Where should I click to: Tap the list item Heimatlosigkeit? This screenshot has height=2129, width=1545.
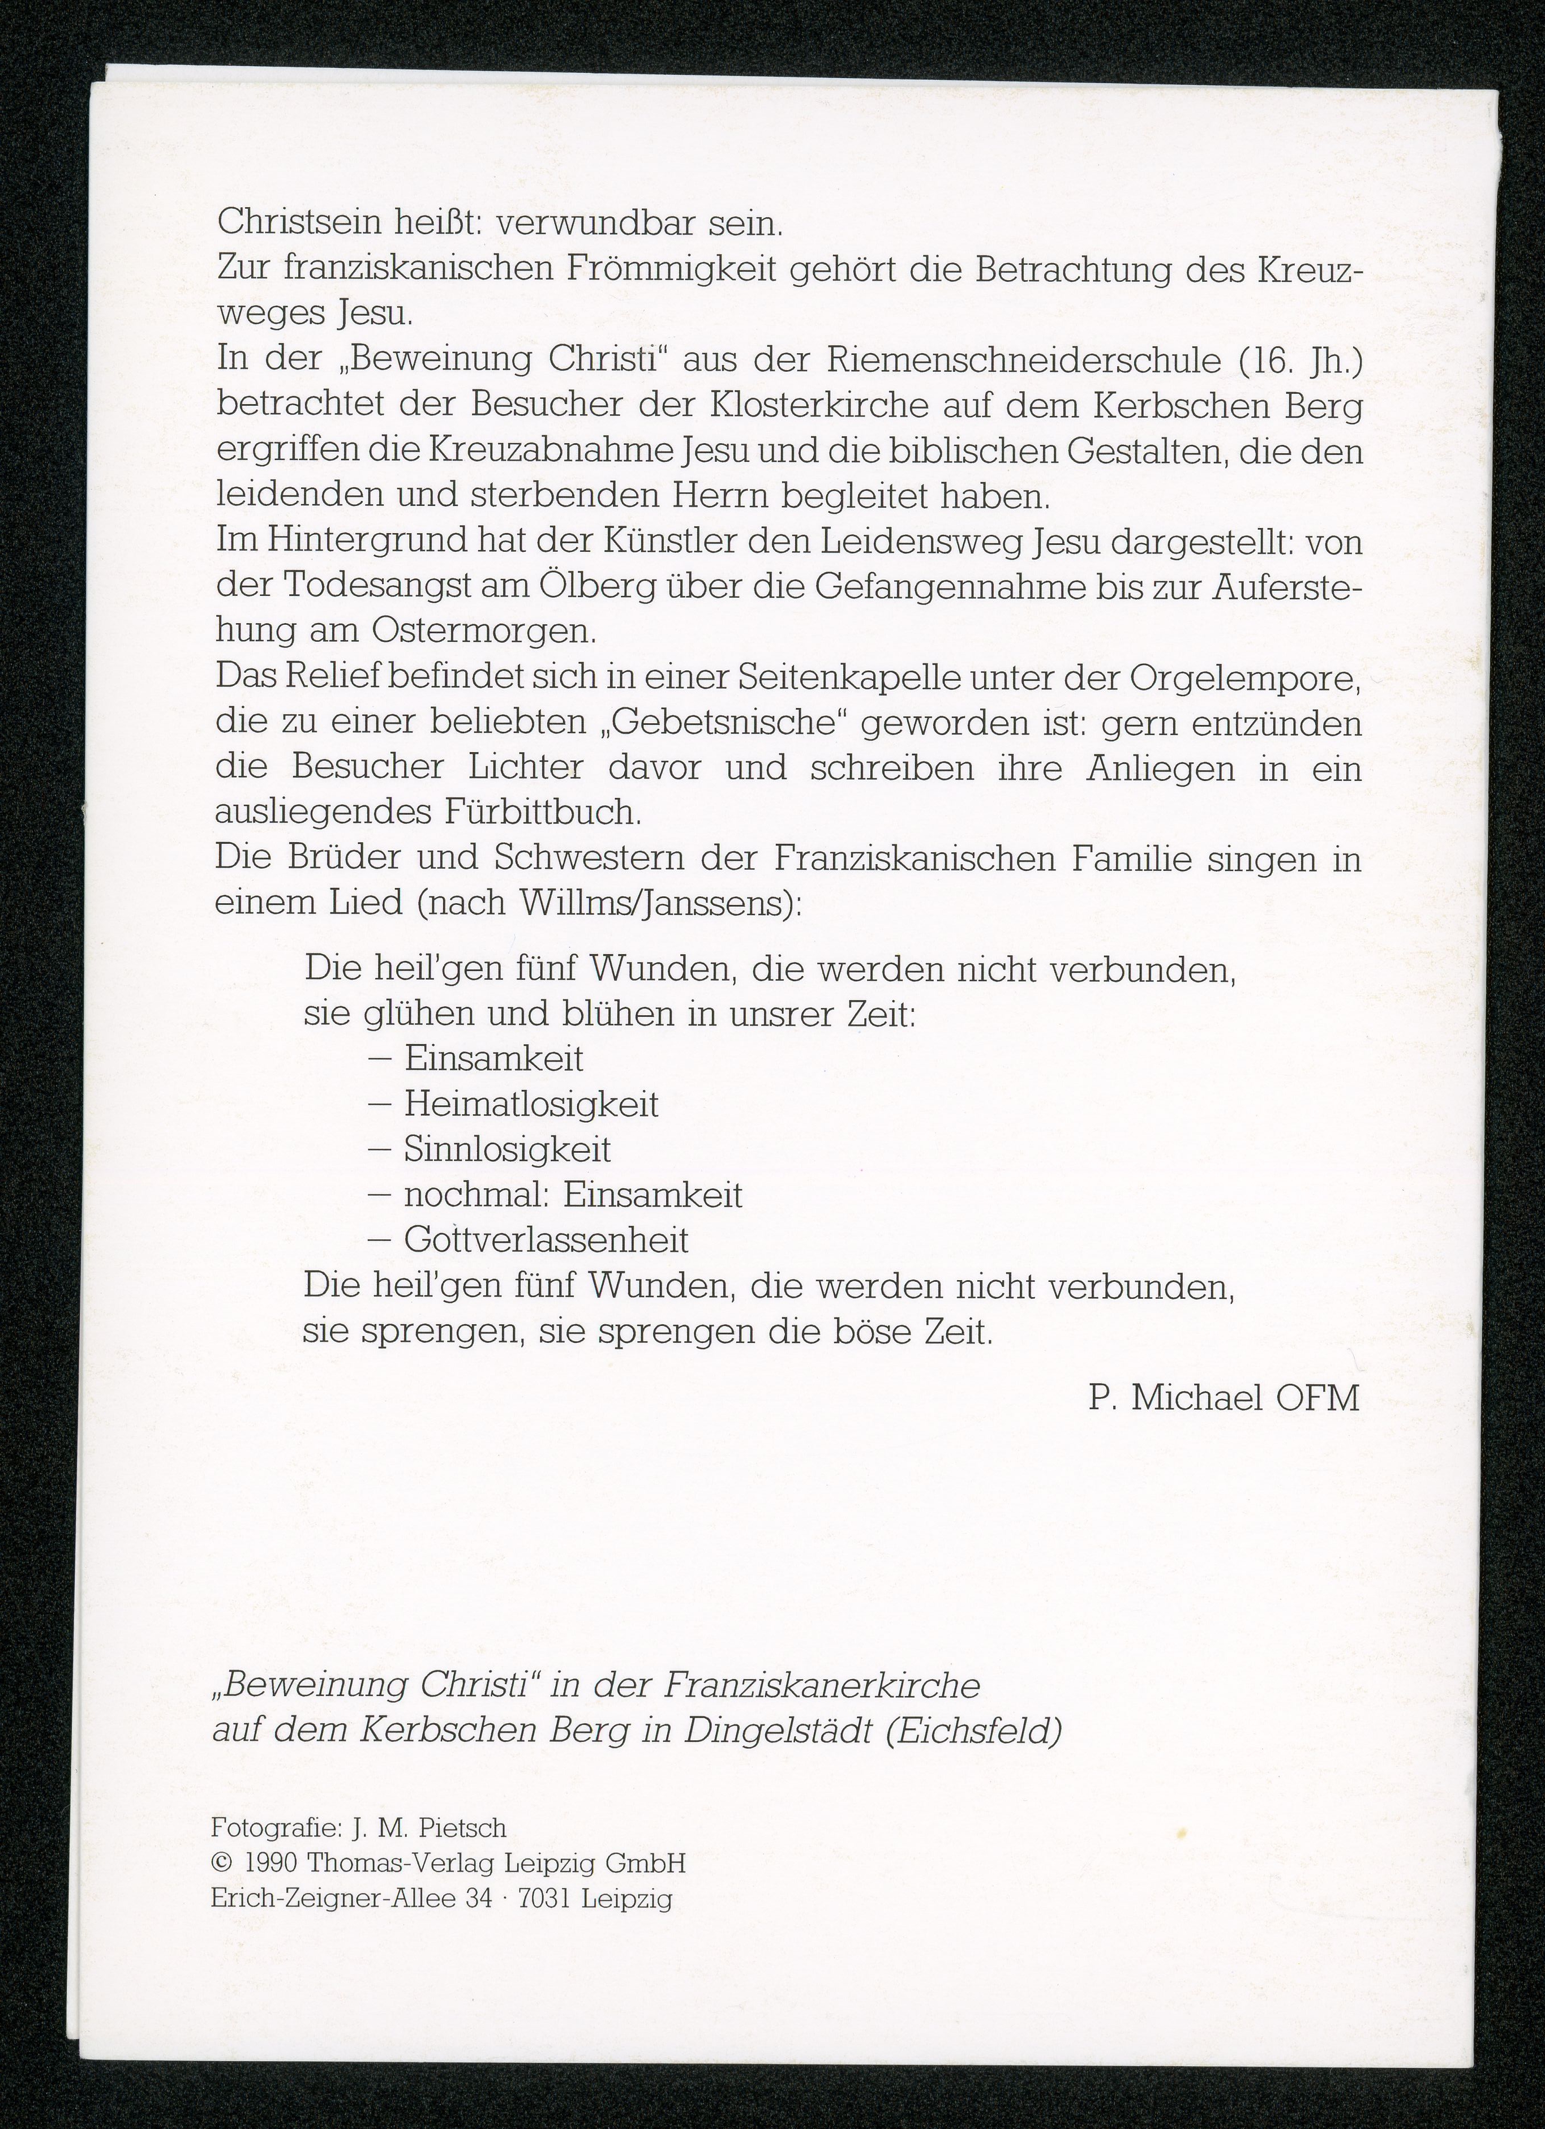tap(531, 1104)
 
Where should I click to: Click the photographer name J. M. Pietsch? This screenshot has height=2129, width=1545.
tap(428, 1828)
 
